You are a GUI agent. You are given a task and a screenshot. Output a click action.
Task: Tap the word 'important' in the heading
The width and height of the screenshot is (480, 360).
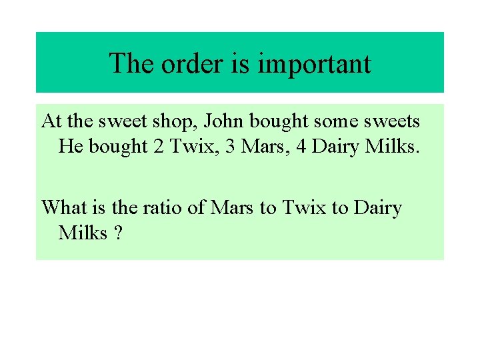coord(314,64)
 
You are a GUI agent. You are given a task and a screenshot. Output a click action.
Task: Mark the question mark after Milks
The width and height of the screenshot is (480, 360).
coord(118,233)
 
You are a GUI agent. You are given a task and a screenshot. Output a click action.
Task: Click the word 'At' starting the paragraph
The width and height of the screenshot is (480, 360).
coord(51,121)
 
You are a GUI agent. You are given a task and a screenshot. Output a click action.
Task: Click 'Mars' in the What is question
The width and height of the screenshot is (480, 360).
coord(233,207)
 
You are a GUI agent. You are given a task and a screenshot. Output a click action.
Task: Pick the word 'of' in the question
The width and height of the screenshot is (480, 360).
coord(196,207)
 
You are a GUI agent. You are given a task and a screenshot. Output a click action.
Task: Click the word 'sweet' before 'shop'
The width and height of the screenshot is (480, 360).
coord(123,121)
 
